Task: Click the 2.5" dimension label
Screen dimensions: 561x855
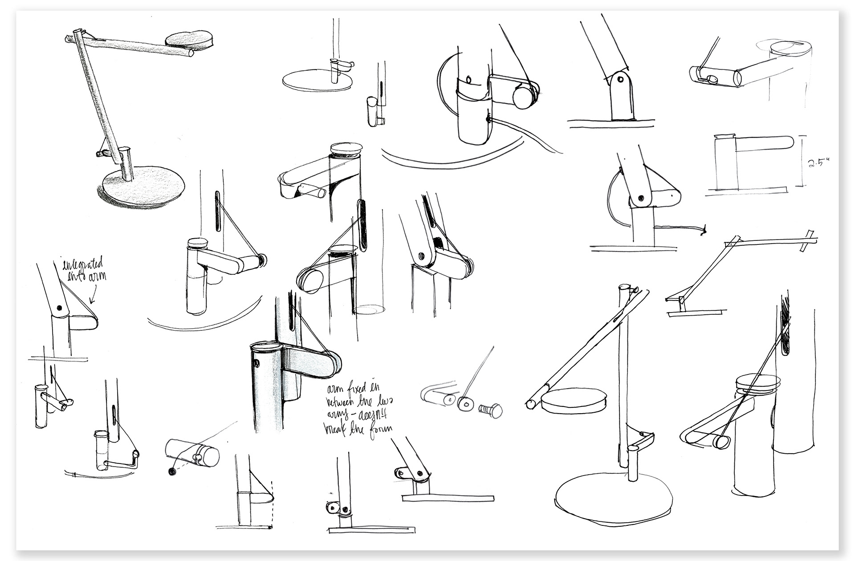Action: point(818,163)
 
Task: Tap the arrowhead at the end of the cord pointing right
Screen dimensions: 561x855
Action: point(703,231)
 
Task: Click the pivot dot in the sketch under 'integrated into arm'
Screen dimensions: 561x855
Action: point(59,307)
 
